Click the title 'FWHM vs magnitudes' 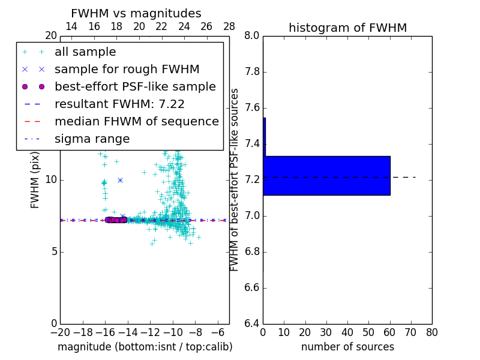coord(136,13)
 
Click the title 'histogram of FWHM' coord(347,28)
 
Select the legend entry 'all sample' coord(85,52)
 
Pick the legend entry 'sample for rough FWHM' coord(127,69)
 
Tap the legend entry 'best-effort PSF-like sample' coord(135,86)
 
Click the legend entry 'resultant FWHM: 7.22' coord(119,104)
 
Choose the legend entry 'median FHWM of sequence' coord(136,121)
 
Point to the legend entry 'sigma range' coord(92,139)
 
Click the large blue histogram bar coord(327,175)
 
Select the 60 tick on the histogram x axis coord(390,332)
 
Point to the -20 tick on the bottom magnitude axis coord(60,332)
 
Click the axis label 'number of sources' coord(347,347)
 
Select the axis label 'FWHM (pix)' coord(35,179)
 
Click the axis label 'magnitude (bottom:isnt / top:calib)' coord(145,347)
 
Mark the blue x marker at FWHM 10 coord(120,180)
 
